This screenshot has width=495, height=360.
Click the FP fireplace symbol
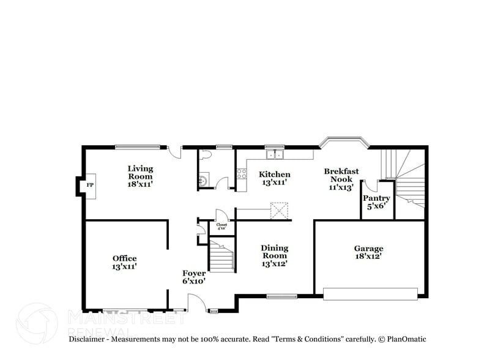[x=89, y=185]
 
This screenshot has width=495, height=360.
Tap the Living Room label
[x=140, y=176]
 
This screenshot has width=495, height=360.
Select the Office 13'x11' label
[x=124, y=262]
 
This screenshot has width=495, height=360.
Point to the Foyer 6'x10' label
[x=193, y=277]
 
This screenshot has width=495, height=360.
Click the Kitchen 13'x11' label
[x=274, y=178]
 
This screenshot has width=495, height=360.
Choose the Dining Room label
[x=275, y=255]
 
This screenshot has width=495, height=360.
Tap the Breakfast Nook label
[x=341, y=179]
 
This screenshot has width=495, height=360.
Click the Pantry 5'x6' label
[x=376, y=202]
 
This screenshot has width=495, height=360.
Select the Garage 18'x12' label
[x=368, y=252]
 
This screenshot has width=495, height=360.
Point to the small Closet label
[x=221, y=226]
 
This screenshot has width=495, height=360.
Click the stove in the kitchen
[x=241, y=173]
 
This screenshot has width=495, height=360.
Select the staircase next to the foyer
[x=221, y=256]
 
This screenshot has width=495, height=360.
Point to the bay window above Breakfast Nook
[x=344, y=144]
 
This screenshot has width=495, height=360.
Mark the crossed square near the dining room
[x=280, y=210]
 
